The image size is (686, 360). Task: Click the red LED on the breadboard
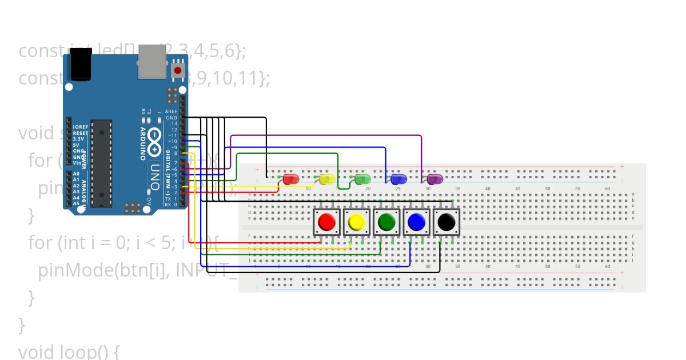[x=291, y=179]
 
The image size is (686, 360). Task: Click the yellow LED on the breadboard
[x=326, y=179]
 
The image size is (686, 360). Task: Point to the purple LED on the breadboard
[x=434, y=179]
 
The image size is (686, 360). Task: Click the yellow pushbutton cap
[x=357, y=222]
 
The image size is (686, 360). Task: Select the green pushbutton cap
[x=387, y=222]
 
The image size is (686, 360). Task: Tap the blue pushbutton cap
[x=417, y=222]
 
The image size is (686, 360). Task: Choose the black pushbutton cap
[x=446, y=222]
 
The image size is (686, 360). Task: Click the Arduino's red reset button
[x=178, y=71]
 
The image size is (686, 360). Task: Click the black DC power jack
[x=81, y=64]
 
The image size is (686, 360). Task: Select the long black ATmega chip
[x=101, y=163]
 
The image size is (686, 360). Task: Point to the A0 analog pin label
[x=76, y=174]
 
